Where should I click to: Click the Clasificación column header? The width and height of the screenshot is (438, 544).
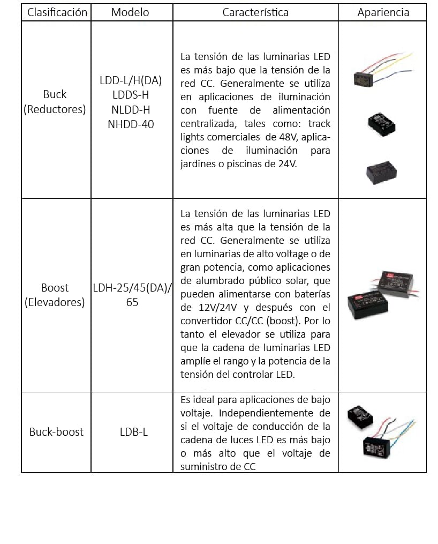[57, 12]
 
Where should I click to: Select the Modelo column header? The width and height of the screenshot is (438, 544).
[130, 12]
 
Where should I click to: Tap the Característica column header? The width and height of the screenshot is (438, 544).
[255, 12]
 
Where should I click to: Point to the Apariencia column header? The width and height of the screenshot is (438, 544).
[383, 12]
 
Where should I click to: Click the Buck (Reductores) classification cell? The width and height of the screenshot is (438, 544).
[55, 101]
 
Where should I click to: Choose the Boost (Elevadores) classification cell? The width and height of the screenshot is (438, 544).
[55, 295]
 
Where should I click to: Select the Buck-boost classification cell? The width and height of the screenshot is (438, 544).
[56, 431]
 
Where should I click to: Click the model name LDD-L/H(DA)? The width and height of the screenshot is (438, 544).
[130, 81]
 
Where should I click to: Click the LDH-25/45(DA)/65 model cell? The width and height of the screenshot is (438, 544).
[132, 295]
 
